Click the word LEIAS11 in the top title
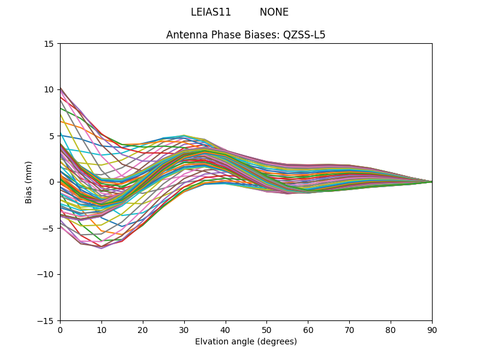click(211, 12)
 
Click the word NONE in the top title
click(274, 12)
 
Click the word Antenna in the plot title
click(185, 35)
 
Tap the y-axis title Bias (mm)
click(29, 182)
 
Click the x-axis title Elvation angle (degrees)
click(246, 342)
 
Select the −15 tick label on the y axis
click(47, 320)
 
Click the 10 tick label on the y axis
click(49, 89)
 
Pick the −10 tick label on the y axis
click(47, 274)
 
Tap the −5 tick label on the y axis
click(49, 228)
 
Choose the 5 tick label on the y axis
click(51, 136)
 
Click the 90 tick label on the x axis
click(432, 329)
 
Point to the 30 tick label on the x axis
click(184, 329)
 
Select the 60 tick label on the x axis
click(308, 329)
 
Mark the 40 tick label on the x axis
click(226, 329)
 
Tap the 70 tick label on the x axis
click(349, 329)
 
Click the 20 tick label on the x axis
click(143, 329)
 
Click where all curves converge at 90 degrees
click(431, 182)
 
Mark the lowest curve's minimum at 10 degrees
click(101, 248)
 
